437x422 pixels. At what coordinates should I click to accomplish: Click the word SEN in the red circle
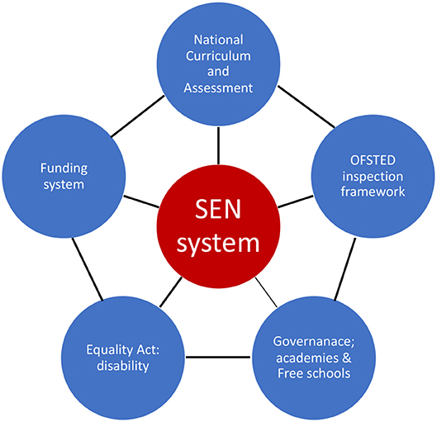pyautogui.click(x=218, y=209)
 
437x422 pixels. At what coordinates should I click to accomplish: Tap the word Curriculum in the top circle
pyautogui.click(x=218, y=56)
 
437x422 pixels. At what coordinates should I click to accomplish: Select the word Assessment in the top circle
pyautogui.click(x=218, y=88)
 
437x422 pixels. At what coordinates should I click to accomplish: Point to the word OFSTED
pyautogui.click(x=373, y=160)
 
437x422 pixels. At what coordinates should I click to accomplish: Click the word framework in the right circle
pyautogui.click(x=373, y=192)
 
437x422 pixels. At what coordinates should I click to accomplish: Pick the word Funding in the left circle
pyautogui.click(x=64, y=168)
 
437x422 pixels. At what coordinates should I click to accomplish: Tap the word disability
pyautogui.click(x=123, y=366)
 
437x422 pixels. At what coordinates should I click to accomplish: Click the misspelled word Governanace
pyautogui.click(x=314, y=342)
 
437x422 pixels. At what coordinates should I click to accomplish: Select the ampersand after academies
pyautogui.click(x=347, y=358)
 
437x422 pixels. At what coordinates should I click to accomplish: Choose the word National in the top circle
pyautogui.click(x=218, y=40)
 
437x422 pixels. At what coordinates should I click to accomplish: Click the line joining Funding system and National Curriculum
pyautogui.click(x=138, y=116)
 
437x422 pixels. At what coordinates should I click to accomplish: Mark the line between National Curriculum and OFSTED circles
pyautogui.click(x=306, y=107)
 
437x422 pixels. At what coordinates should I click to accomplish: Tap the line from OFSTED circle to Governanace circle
pyautogui.click(x=345, y=269)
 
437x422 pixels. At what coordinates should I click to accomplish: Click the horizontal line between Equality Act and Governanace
pyautogui.click(x=218, y=357)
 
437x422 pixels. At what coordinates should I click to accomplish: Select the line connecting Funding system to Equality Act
pyautogui.click(x=88, y=269)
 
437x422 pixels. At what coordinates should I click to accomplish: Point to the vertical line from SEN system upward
pyautogui.click(x=218, y=145)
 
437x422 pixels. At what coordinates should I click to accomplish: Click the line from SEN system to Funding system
pyautogui.click(x=141, y=202)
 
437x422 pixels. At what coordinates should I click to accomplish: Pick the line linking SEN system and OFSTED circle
pyautogui.click(x=296, y=202)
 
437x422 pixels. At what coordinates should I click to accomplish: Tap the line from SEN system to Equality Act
pyautogui.click(x=170, y=292)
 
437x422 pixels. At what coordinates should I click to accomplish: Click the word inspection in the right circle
pyautogui.click(x=373, y=177)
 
